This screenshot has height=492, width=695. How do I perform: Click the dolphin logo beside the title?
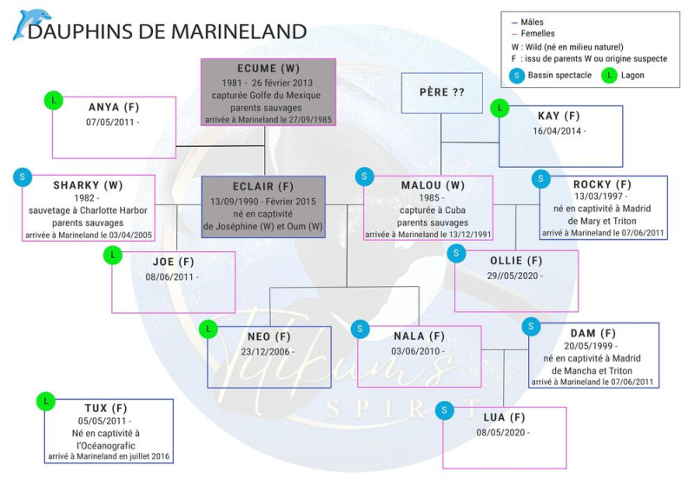coord(30,24)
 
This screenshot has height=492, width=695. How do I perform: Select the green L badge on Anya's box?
coord(54,100)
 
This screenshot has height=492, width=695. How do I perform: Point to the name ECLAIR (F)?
coord(263,186)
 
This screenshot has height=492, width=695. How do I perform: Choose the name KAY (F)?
coord(560,115)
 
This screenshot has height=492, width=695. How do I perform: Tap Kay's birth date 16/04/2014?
coord(560,130)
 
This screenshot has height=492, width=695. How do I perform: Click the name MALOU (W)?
coord(427,185)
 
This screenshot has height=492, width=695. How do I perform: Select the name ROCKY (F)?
coord(602,184)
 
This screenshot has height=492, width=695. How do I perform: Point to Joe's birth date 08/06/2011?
coord(172,276)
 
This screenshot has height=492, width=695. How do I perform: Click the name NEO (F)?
coord(268,336)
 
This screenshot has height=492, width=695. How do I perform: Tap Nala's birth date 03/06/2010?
coord(418,351)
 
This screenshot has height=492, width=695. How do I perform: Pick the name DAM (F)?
coord(593,333)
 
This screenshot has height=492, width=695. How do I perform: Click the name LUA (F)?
coord(505,417)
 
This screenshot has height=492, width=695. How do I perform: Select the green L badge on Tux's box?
coord(45,402)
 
